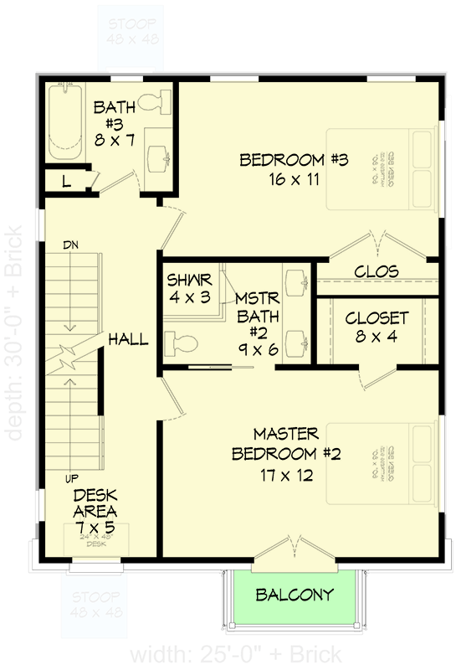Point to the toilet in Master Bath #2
click(x=182, y=343)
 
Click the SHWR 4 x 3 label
click(x=189, y=287)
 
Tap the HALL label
click(x=128, y=339)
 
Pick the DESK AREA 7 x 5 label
click(x=95, y=510)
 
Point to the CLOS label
click(x=377, y=272)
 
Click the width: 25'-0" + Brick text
click(x=235, y=653)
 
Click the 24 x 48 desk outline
click(x=94, y=540)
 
